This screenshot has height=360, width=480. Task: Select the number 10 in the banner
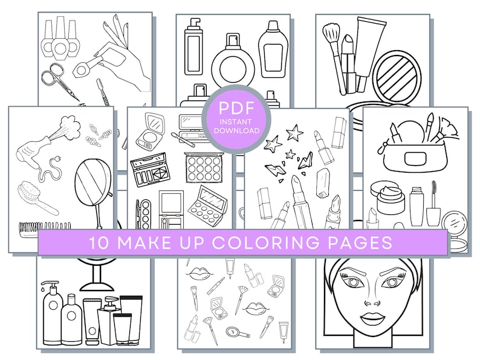point(100,242)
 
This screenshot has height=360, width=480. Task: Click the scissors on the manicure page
point(57,80)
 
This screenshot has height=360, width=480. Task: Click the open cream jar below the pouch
point(388,197)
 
